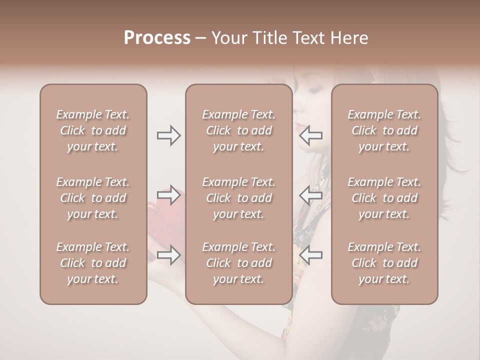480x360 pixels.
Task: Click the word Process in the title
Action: (x=157, y=37)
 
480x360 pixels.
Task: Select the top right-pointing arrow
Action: (x=169, y=135)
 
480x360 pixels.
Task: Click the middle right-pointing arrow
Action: (x=169, y=194)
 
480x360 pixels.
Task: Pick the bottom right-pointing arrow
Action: (x=169, y=255)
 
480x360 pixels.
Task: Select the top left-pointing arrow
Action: (x=311, y=135)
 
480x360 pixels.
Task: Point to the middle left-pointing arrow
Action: (x=311, y=194)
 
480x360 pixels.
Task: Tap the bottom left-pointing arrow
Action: (x=311, y=255)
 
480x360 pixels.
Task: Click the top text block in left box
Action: (x=93, y=130)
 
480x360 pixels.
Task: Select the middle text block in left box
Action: (x=93, y=198)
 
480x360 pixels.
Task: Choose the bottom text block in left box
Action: (x=93, y=263)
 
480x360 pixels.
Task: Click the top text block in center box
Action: (x=239, y=130)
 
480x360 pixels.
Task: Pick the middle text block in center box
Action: (x=239, y=198)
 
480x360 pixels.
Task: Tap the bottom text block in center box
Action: (x=239, y=263)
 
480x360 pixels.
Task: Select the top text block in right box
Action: (x=384, y=130)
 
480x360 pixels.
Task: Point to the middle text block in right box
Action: (x=384, y=198)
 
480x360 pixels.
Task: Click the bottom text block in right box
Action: (x=384, y=263)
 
